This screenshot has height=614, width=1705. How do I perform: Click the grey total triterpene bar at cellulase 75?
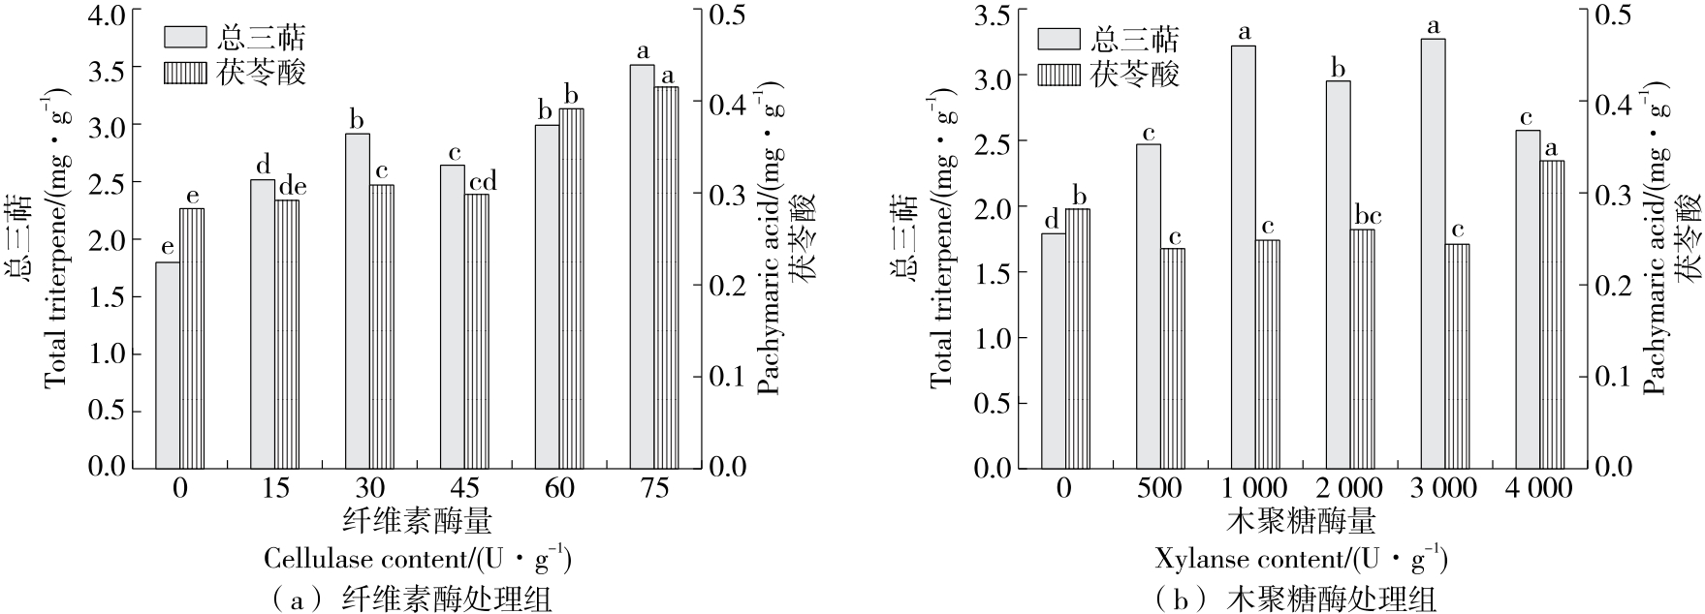tap(643, 265)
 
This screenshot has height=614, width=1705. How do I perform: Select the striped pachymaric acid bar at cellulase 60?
tap(571, 288)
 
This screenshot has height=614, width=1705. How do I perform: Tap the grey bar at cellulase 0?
tap(168, 364)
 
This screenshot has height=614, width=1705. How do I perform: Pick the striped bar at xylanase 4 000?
tap(1551, 313)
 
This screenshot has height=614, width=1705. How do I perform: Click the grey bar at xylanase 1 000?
tap(1243, 257)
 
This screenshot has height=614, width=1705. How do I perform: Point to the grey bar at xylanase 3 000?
tap(1433, 253)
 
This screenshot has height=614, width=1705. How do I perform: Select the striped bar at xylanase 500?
tap(1173, 357)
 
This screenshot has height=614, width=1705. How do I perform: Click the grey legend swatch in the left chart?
tap(184, 37)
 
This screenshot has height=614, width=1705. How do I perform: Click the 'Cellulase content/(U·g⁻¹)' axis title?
tap(417, 559)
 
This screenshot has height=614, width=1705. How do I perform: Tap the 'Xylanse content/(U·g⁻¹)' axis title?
tap(1301, 559)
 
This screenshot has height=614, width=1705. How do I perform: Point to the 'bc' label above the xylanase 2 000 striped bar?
tap(1369, 216)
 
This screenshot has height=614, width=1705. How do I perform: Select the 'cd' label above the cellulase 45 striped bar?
tap(482, 181)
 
